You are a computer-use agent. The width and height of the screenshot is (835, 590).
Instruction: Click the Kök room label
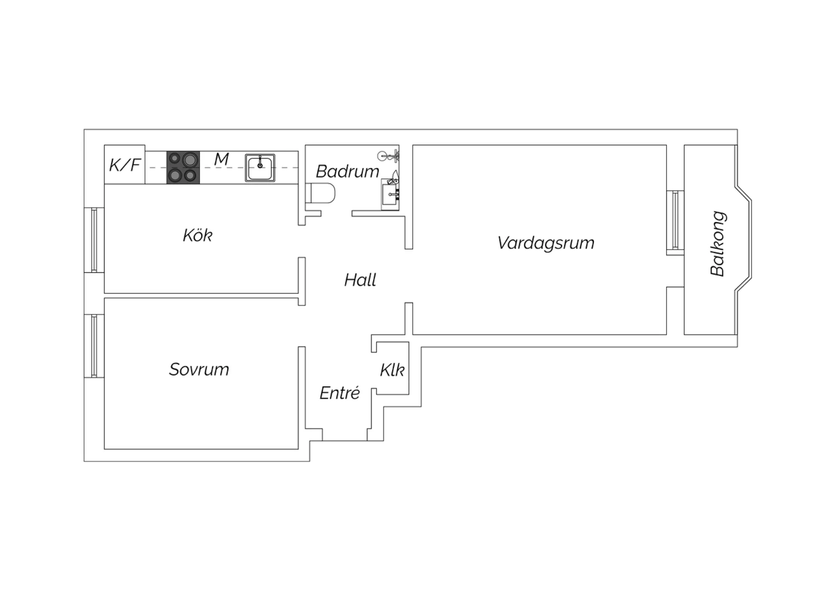coord(198,235)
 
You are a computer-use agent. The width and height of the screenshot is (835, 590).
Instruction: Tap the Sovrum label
coord(199,370)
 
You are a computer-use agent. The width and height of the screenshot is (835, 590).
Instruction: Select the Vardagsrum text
coord(546,243)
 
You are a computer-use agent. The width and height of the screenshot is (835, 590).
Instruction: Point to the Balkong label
coord(718,244)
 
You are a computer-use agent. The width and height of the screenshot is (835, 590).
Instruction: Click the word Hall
coord(360,280)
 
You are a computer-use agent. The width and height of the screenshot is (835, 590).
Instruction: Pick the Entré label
coord(340,393)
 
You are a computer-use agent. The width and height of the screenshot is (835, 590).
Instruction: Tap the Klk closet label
coord(392,370)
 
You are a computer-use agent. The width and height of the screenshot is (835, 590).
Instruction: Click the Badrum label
coord(347,171)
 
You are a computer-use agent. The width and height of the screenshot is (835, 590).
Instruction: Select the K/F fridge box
coord(125,164)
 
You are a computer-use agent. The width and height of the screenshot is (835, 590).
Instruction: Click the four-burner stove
coord(183,168)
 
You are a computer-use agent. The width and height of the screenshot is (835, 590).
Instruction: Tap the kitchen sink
coord(260,168)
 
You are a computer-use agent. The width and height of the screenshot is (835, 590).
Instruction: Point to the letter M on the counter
coord(222,160)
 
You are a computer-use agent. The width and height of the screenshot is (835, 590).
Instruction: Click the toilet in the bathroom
coord(320,193)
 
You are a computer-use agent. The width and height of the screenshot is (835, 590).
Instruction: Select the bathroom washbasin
coord(390,194)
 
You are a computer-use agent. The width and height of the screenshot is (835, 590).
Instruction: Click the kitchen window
coord(94,240)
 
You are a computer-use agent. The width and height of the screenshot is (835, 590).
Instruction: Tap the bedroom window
coord(94,346)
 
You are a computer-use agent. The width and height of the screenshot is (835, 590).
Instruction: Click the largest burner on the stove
coord(190,160)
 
